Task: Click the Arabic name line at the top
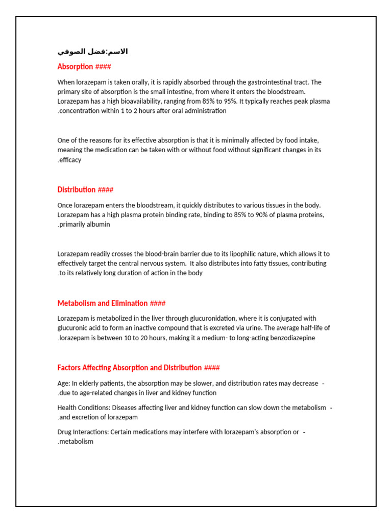[x=92, y=52]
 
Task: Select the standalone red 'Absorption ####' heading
[x=84, y=67]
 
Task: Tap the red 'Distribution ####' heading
[x=85, y=190]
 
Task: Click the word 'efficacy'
[x=70, y=160]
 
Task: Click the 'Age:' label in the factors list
[x=64, y=384]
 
